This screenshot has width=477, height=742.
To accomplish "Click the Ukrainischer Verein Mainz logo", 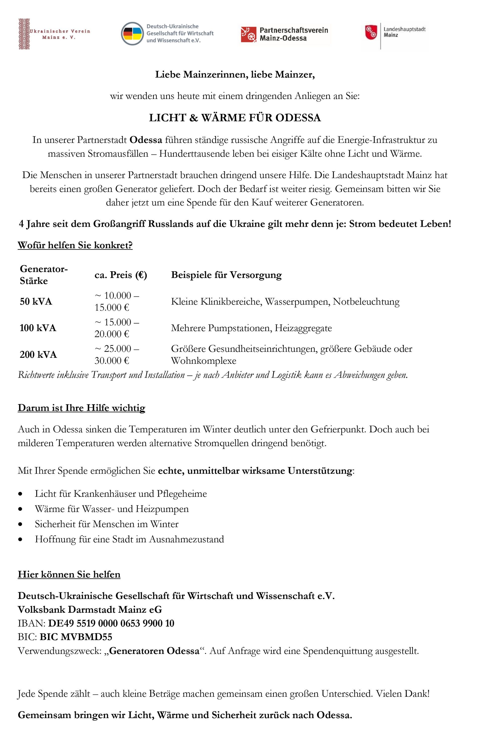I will [54, 34].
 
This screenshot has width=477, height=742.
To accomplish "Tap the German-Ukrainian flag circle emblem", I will [132, 34].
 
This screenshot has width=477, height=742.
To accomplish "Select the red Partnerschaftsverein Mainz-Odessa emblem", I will [249, 34].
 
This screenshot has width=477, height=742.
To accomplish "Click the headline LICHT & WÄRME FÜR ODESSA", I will [235, 118].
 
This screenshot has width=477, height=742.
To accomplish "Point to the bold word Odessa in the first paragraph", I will [146, 140].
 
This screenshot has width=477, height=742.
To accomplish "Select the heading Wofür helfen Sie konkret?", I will [75, 245].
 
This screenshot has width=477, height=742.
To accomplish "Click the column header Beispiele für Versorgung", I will [226, 275].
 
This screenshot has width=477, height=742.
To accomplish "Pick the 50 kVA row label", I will [36, 302].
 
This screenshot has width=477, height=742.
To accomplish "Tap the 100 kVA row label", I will [38, 328].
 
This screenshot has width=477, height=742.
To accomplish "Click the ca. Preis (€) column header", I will [121, 275].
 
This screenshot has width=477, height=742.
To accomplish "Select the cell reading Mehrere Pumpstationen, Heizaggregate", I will [251, 328].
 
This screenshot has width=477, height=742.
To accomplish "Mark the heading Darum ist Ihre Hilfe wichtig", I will [81, 408].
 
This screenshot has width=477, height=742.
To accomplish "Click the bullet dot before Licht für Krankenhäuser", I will [20, 494].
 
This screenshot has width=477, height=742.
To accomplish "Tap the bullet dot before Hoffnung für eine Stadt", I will [20, 539].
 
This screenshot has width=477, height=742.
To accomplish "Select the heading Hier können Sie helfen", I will [69, 574].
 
